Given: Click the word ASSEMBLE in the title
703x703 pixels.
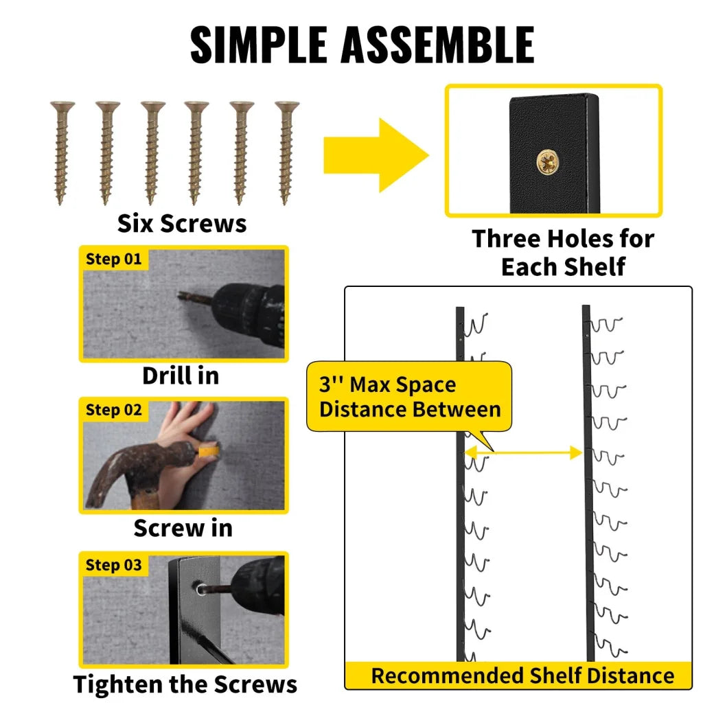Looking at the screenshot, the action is [437, 45].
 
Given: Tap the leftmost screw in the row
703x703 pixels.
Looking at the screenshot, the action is [62, 153].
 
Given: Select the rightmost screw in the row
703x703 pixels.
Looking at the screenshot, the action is [286, 153].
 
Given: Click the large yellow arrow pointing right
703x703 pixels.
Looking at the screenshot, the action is [376, 155].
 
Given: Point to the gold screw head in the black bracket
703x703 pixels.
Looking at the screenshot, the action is [549, 162].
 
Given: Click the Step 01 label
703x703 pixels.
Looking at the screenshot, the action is [113, 259].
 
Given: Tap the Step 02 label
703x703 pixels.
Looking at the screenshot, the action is [113, 410].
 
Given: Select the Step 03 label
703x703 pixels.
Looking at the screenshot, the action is [113, 565].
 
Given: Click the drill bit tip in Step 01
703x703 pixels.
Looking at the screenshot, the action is [181, 295].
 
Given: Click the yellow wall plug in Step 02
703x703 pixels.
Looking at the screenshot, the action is [209, 450].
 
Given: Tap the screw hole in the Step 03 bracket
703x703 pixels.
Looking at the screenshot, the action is [198, 588].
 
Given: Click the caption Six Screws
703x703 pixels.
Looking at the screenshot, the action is [181, 223].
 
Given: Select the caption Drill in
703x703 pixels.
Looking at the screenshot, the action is [181, 376].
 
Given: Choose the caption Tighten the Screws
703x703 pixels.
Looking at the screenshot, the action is [185, 684].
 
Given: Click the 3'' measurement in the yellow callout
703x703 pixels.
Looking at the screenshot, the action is [331, 384].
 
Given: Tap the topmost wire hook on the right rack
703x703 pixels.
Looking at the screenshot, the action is [606, 325].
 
